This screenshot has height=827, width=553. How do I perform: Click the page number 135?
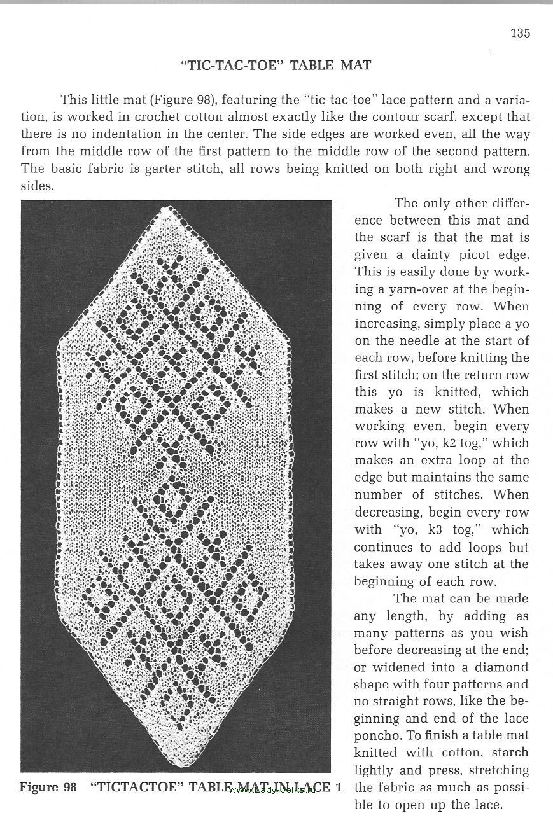tap(520, 33)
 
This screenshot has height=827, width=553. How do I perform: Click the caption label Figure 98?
tap(48, 787)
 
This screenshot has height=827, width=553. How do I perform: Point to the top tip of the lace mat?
tap(168, 209)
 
